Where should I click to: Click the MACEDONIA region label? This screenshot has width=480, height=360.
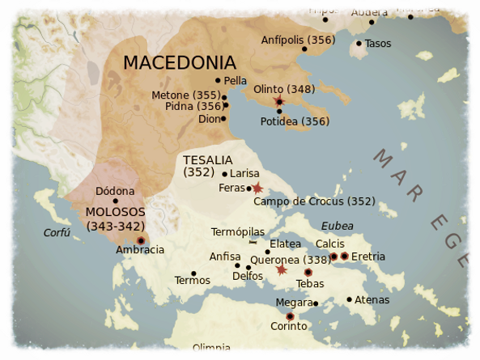[x=180, y=62]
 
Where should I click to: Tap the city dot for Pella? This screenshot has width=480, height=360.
[x=218, y=80]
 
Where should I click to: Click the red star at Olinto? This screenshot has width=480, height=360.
[x=279, y=100]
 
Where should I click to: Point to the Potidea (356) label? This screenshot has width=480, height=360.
[x=295, y=121]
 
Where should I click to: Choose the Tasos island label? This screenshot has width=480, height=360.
[x=378, y=43]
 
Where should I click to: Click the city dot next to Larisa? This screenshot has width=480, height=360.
[x=224, y=174]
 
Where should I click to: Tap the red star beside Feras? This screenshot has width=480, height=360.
[x=257, y=188]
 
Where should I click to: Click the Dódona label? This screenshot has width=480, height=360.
[x=114, y=192]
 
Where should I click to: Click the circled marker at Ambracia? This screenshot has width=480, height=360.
[x=141, y=240]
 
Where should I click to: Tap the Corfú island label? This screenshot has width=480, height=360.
[x=57, y=233]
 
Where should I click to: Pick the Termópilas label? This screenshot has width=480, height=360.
[x=238, y=232]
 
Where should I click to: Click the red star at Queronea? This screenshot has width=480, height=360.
[x=281, y=269]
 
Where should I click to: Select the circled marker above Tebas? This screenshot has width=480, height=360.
[x=308, y=273]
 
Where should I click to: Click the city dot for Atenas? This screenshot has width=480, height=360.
[x=350, y=300]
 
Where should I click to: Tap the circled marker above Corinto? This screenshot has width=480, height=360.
[x=291, y=316]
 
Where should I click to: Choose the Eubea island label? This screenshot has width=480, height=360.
[x=338, y=225]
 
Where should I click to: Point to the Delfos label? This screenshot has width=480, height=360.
[x=247, y=276]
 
